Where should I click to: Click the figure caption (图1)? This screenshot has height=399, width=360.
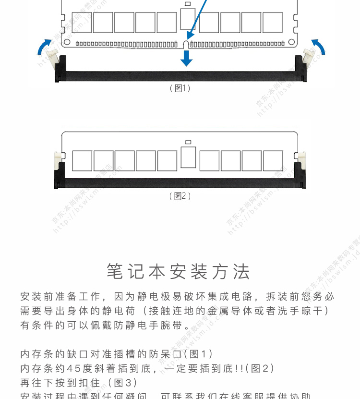coord(180,88)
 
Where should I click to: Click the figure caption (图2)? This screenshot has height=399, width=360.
coord(180,196)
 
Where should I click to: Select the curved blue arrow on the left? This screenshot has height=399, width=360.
coord(45,47)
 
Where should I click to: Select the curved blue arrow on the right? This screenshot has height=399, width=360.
coord(318,47)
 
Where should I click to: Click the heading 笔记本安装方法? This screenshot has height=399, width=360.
coord(179,272)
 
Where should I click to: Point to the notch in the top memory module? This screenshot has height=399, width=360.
coord(186,45)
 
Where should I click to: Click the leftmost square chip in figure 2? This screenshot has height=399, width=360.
coord(82,161)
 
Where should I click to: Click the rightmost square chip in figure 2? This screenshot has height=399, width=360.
coord(272,161)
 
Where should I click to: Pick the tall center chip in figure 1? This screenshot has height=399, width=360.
coord(187,18)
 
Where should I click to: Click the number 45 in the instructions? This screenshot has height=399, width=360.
coord(73,369)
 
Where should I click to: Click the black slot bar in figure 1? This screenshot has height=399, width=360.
coord(180,76)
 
